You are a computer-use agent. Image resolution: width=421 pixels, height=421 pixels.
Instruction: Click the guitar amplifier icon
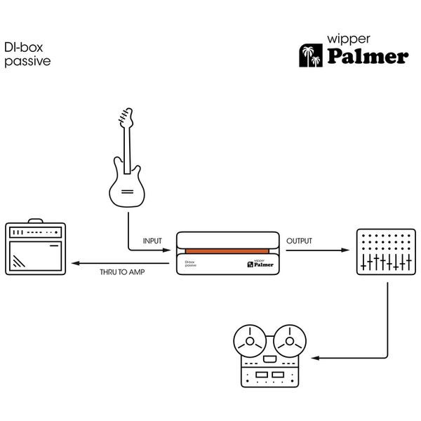click(x=35, y=248)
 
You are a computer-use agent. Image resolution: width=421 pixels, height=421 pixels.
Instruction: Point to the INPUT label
click(x=152, y=241)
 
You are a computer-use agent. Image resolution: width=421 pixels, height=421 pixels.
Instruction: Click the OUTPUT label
click(x=300, y=241)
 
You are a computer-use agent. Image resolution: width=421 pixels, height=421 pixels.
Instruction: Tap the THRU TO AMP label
click(x=123, y=271)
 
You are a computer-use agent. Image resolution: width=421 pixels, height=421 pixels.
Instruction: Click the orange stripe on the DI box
click(x=228, y=250)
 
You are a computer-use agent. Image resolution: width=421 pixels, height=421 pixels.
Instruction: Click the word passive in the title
click(x=27, y=61)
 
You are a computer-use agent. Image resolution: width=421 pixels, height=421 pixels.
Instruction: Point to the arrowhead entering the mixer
click(x=346, y=250)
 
